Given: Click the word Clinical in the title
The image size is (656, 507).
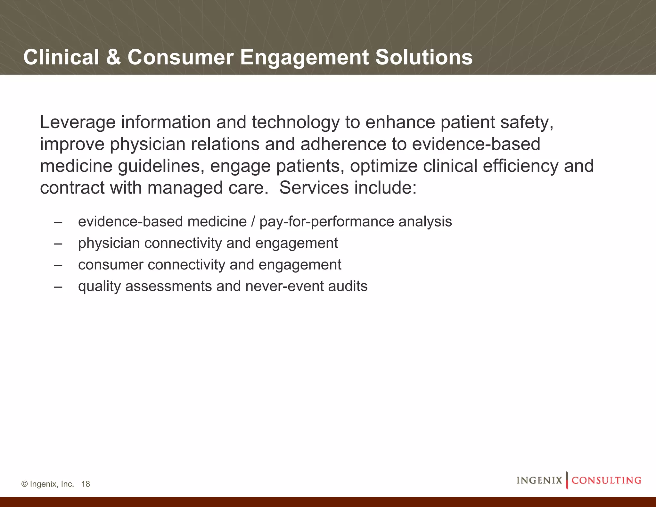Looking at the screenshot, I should pyautogui.click(x=61, y=57).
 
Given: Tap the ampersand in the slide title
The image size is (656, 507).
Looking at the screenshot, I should pyautogui.click(x=113, y=57).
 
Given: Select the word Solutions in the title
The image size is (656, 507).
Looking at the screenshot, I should pyautogui.click(x=423, y=57).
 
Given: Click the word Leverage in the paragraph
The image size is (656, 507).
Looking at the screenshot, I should pyautogui.click(x=78, y=123).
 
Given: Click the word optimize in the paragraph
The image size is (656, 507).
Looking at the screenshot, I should pyautogui.click(x=383, y=166).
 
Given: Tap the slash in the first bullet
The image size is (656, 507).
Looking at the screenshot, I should pyautogui.click(x=253, y=222).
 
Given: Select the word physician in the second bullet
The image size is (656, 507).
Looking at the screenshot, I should pyautogui.click(x=109, y=243).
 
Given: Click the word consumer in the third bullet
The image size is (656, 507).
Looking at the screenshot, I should pyautogui.click(x=111, y=265).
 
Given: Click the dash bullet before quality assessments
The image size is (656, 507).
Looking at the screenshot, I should pyautogui.click(x=58, y=286).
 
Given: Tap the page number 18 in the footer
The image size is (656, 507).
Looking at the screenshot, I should pyautogui.click(x=86, y=484).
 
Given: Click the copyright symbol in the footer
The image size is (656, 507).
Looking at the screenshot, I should pyautogui.click(x=24, y=484).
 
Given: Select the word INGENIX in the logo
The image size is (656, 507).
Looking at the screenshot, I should pyautogui.click(x=539, y=480).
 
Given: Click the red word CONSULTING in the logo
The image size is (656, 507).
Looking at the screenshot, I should pyautogui.click(x=606, y=480).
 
